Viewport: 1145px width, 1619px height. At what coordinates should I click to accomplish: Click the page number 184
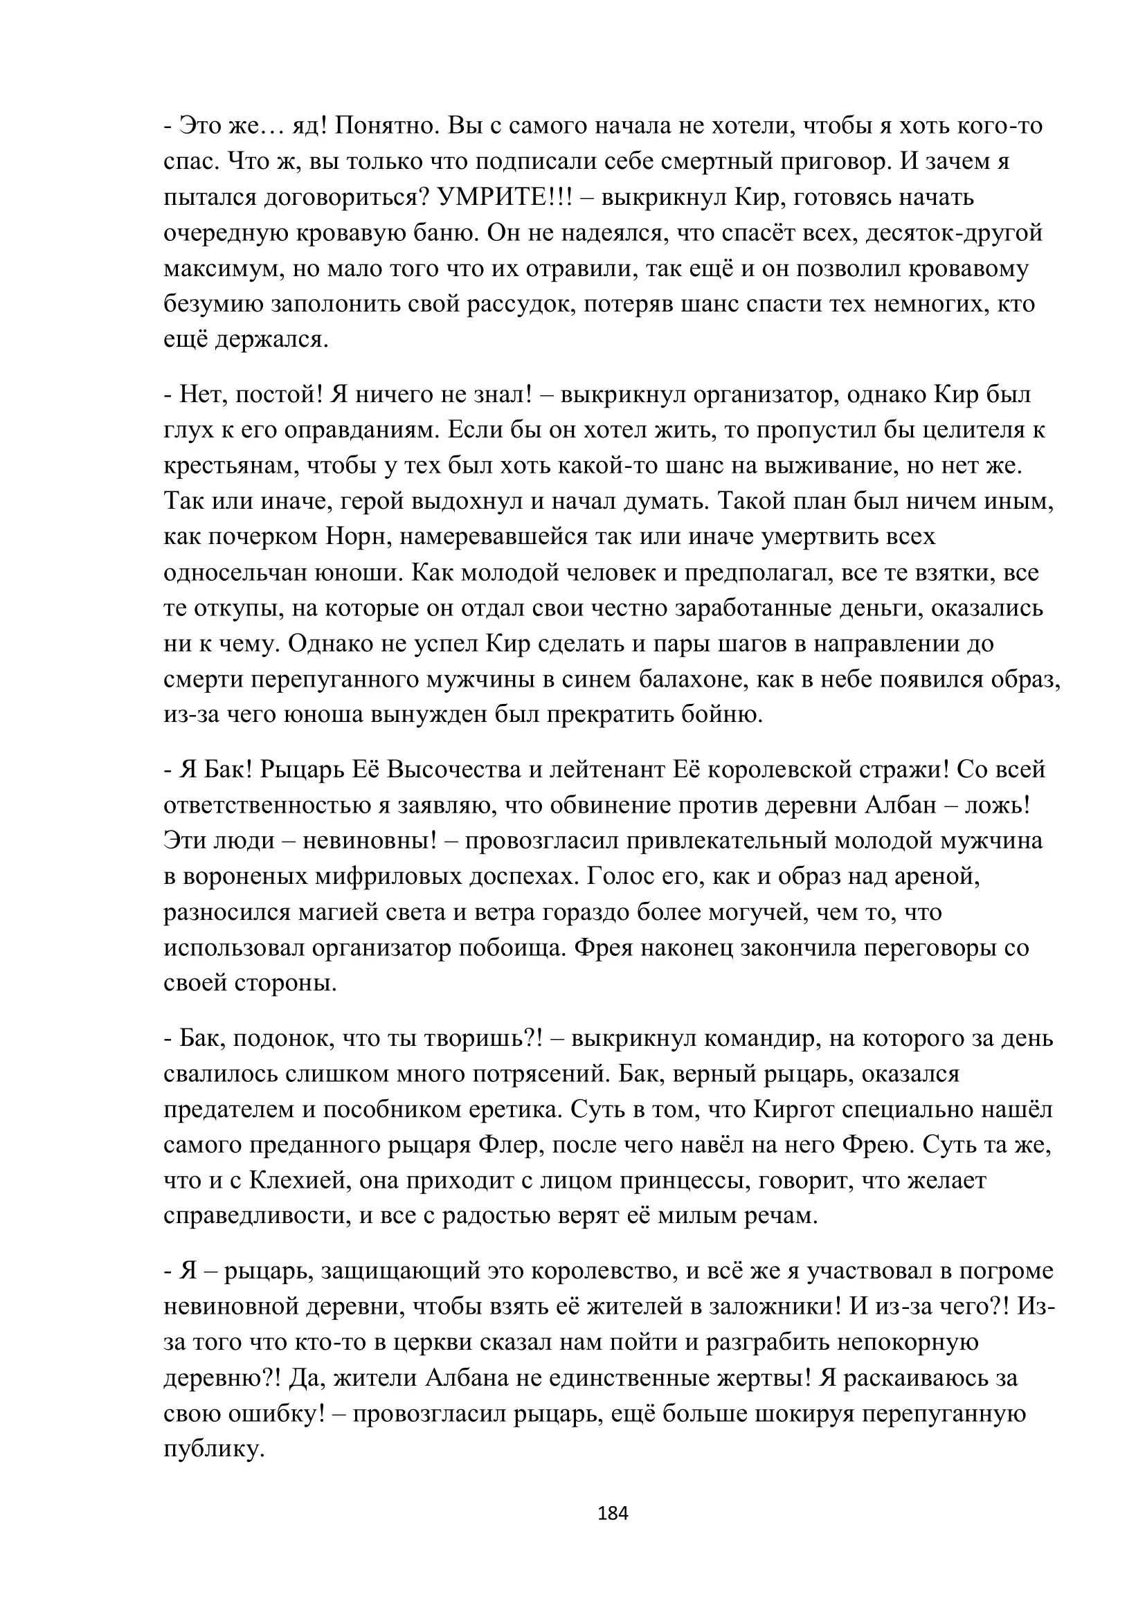coord(612,1512)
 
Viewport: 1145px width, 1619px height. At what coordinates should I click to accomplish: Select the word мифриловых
coord(386,876)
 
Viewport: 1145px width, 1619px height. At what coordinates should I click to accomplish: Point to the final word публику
coord(214,1449)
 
